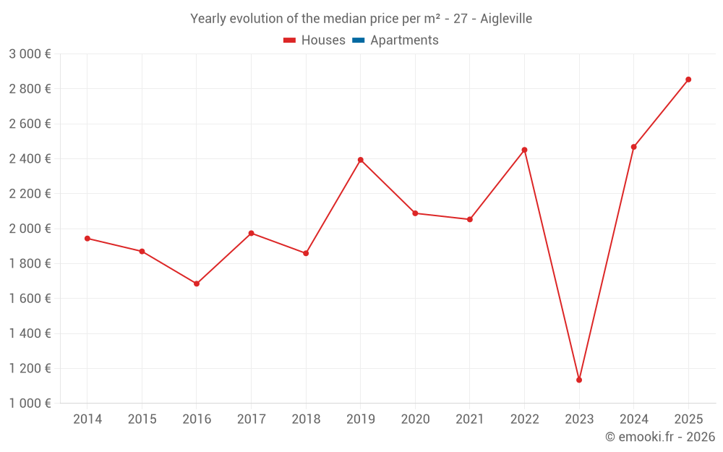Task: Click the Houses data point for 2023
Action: point(579,380)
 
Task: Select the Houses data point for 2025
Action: point(688,80)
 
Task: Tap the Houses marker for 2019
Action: point(361,160)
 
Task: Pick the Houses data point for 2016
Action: point(197,283)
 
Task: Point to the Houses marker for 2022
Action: point(524,150)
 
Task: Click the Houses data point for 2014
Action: point(87,238)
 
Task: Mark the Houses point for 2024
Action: point(634,147)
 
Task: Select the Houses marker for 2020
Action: point(415,213)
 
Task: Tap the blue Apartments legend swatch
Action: point(358,40)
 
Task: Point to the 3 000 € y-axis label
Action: point(30,54)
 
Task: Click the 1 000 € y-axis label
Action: point(30,404)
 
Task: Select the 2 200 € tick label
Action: point(30,194)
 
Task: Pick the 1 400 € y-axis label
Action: point(30,333)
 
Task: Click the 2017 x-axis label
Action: point(251,419)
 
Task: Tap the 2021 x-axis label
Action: point(470,419)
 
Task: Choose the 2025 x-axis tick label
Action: point(688,419)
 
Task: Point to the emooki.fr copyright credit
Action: point(660,437)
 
